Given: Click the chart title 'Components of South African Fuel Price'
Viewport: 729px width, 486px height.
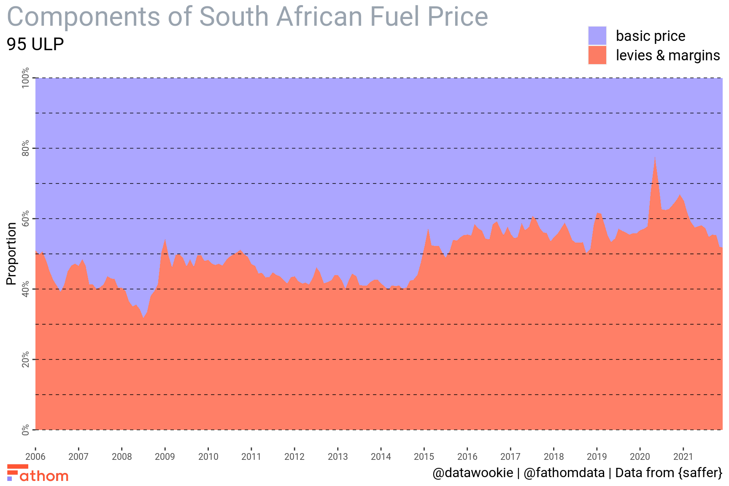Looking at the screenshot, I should (247, 17).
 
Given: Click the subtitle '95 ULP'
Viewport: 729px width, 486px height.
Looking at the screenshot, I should (35, 44).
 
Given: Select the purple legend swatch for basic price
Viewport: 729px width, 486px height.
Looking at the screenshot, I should (597, 36).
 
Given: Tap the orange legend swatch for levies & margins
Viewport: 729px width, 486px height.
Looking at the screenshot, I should (597, 55).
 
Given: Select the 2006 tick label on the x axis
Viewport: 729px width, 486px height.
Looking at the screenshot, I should (35, 456).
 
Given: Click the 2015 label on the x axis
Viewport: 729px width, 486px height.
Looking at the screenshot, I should (424, 456).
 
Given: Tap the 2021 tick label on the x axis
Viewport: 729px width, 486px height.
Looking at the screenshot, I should (683, 456).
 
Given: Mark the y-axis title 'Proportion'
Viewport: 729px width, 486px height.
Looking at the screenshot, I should (12, 254).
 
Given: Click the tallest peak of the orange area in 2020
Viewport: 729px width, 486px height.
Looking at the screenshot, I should (655, 157).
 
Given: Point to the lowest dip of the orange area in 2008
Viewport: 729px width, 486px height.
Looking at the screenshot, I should (143, 317).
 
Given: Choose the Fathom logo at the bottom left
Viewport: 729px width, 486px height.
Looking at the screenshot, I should (38, 473).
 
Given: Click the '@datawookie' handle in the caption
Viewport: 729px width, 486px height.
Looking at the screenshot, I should (472, 473).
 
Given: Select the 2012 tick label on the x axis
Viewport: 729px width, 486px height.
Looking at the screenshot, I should (294, 456).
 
